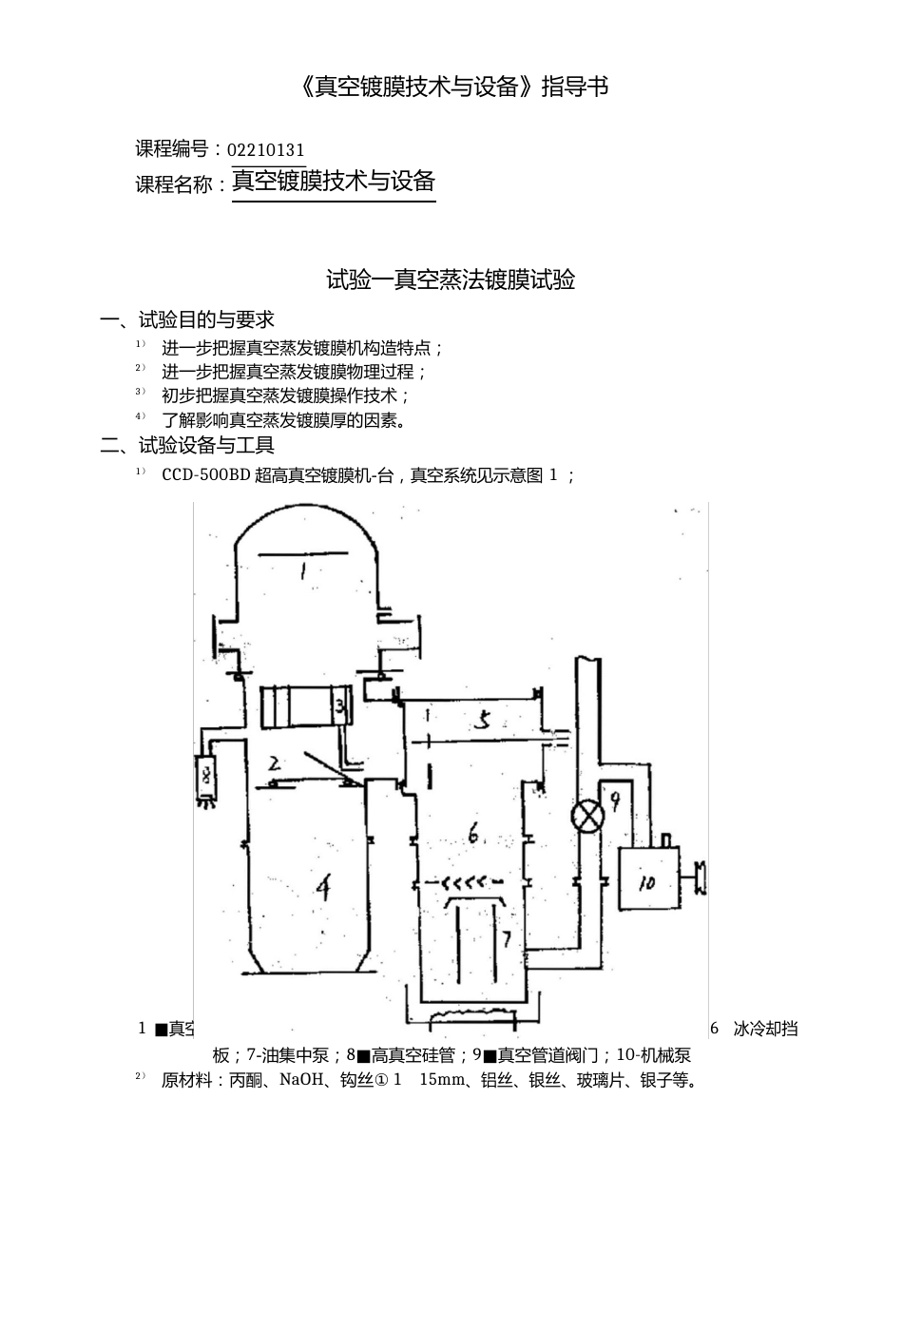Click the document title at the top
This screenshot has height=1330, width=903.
(452, 87)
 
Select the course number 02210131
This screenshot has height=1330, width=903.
(266, 150)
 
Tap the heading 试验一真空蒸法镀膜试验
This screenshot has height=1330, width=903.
(451, 279)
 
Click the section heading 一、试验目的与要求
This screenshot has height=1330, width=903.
(187, 319)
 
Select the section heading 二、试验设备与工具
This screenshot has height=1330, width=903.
(187, 444)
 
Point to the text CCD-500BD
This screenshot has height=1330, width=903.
(205, 474)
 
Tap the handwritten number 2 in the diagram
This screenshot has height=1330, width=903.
(274, 763)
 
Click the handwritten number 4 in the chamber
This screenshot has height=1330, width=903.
(323, 888)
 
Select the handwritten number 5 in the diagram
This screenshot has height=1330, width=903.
(482, 721)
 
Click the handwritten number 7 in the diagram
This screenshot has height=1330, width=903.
(507, 939)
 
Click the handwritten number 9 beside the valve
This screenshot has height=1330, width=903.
(614, 801)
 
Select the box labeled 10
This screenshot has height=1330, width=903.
(648, 879)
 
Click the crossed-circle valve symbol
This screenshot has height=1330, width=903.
(586, 817)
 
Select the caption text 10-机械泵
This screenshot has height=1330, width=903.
(653, 1054)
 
